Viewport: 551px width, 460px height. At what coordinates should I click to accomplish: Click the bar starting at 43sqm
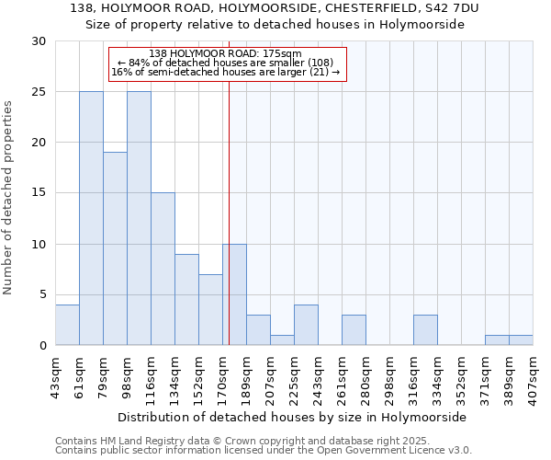pyautogui.click(x=67, y=325)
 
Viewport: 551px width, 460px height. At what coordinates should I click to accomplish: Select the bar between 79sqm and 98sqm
pyautogui.click(x=115, y=248)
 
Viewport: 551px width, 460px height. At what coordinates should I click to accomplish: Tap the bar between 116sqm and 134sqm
pyautogui.click(x=163, y=269)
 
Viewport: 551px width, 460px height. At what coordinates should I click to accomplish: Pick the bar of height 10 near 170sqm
pyautogui.click(x=234, y=294)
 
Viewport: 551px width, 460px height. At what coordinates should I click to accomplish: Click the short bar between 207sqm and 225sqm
pyautogui.click(x=282, y=340)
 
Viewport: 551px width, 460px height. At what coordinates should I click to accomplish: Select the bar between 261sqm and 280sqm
pyautogui.click(x=354, y=330)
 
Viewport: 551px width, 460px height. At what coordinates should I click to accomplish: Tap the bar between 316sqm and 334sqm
pyautogui.click(x=425, y=330)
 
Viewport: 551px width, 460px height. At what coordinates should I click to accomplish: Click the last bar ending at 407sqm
pyautogui.click(x=521, y=340)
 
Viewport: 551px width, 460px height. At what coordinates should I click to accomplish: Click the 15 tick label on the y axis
pyautogui.click(x=39, y=193)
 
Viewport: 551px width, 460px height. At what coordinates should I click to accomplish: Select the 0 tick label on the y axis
pyautogui.click(x=42, y=346)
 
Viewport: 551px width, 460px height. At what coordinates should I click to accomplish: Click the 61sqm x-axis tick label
pyautogui.click(x=80, y=374)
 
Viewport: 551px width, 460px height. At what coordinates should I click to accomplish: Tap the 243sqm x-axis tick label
pyautogui.click(x=319, y=374)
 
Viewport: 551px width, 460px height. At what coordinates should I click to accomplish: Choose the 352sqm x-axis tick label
pyautogui.click(x=462, y=374)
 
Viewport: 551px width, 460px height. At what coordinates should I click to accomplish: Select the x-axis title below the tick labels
pyautogui.click(x=294, y=417)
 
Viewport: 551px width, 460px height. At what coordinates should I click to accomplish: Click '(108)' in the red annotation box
pyautogui.click(x=326, y=63)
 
